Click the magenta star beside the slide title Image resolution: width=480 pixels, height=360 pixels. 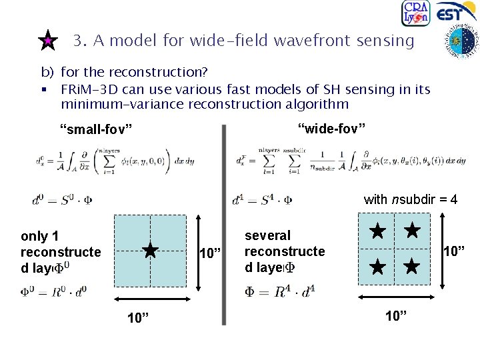coord(47,41)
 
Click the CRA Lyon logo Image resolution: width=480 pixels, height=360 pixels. coord(415,13)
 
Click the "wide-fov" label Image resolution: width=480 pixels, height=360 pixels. coord(331,127)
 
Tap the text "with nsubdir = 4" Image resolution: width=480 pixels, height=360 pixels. coord(410,199)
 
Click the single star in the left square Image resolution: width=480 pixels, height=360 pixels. coord(151,251)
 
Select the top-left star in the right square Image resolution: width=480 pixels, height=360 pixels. coord(378,232)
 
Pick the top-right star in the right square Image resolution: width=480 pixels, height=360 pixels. coord(413,231)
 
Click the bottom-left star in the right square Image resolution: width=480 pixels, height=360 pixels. coord(378,267)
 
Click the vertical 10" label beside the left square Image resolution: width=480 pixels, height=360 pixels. coord(211,253)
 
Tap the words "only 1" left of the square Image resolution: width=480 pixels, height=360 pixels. coord(40,236)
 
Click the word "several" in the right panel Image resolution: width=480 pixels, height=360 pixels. coord(268,235)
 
